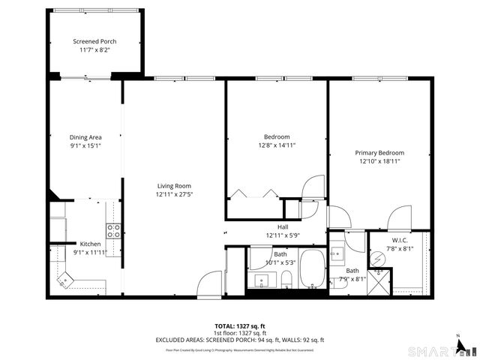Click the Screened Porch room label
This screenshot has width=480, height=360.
pyautogui.click(x=94, y=41)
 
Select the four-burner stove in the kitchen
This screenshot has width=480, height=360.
pyautogui.click(x=113, y=231)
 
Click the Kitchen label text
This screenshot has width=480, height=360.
pyautogui.click(x=90, y=244)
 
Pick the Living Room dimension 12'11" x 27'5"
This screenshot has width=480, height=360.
pyautogui.click(x=174, y=195)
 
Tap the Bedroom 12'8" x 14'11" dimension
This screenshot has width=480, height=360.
pyautogui.click(x=276, y=146)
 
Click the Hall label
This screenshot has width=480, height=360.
pyautogui.click(x=282, y=227)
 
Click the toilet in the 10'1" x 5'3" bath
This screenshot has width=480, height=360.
pyautogui.click(x=286, y=280)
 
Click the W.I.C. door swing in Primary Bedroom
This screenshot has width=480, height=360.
pyautogui.click(x=397, y=220)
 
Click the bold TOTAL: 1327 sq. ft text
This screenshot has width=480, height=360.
pyautogui.click(x=239, y=326)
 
